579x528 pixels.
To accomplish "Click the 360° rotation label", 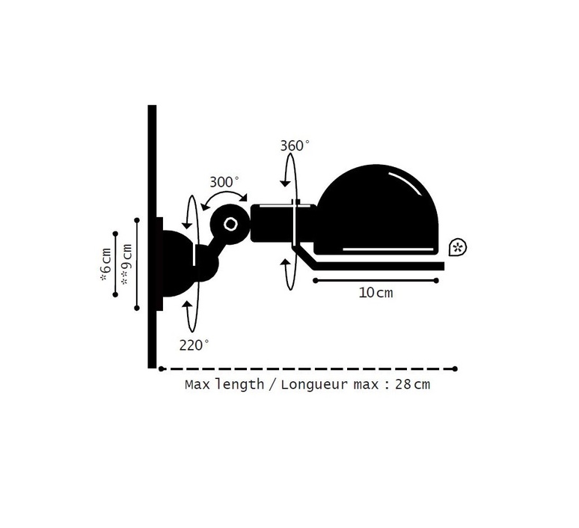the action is click(294, 146).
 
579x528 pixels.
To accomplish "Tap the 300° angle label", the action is click(224, 182).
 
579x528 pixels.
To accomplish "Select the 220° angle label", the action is click(194, 345).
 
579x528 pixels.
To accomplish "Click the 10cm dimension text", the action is click(376, 293).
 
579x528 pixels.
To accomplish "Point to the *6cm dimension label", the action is click(106, 264).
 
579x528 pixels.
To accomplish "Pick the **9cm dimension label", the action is click(126, 264).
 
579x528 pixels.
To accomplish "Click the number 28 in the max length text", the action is click(403, 384).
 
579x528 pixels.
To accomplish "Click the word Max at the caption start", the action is click(197, 384).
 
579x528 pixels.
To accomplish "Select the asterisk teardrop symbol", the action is click(458, 247).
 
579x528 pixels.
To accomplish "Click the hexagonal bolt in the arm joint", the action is click(231, 224).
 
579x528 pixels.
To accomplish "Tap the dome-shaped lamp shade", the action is click(376, 209).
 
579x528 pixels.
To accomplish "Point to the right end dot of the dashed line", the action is click(455, 368).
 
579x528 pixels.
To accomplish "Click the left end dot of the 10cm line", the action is click(315, 281).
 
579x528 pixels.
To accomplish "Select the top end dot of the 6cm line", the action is click(116, 234).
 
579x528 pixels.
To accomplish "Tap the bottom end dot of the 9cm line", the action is click(137, 308).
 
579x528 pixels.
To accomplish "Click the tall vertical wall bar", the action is click(152, 237).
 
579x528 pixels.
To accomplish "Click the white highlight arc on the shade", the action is click(405, 183).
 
